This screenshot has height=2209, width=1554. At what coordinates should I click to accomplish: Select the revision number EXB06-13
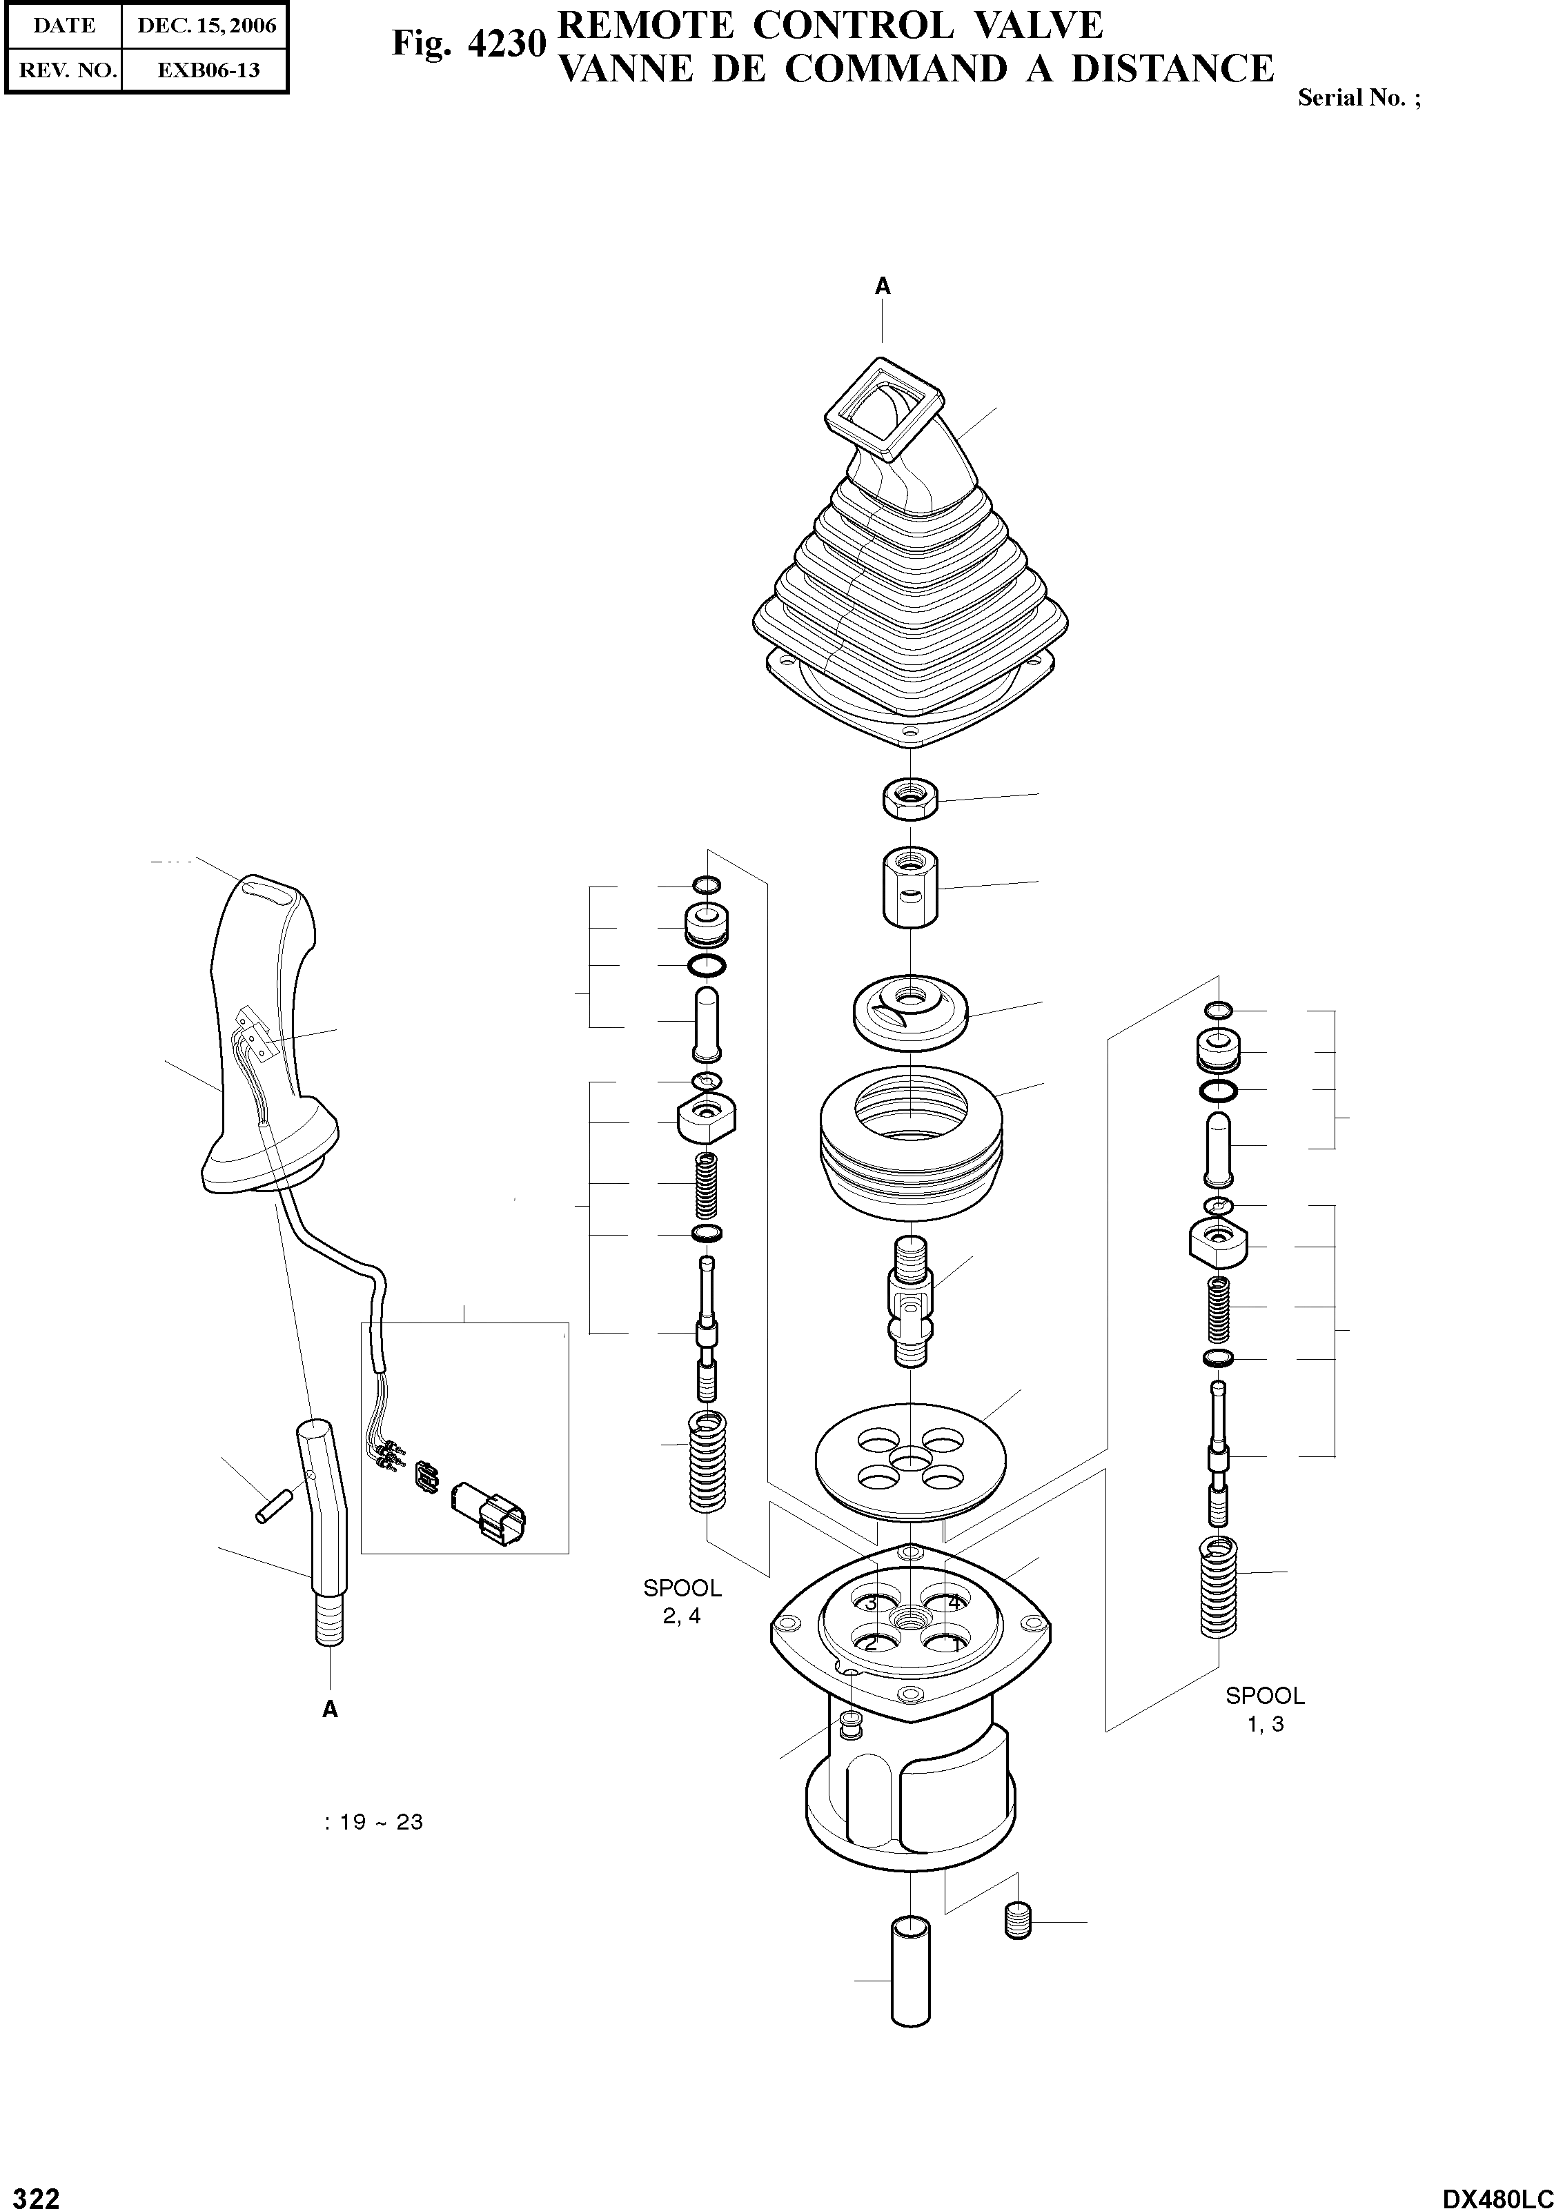[208, 70]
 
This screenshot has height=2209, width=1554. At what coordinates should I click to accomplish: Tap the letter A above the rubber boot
[881, 286]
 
